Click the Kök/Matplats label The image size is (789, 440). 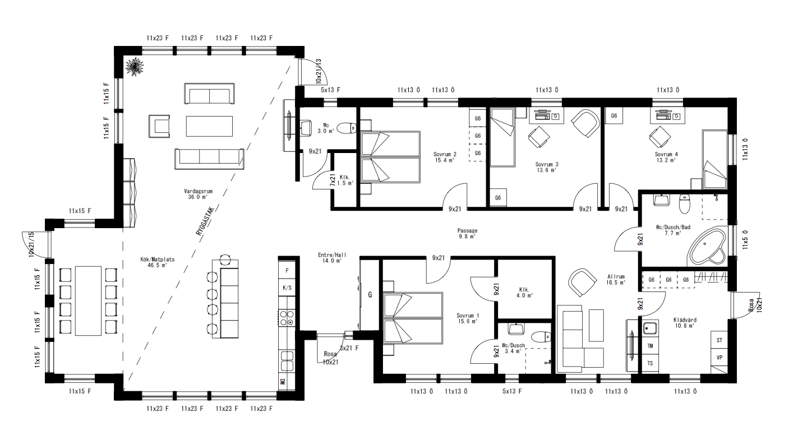click(154, 262)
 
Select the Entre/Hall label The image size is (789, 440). click(331, 258)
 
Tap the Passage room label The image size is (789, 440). click(467, 233)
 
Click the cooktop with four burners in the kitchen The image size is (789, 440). click(287, 318)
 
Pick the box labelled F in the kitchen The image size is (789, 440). click(287, 271)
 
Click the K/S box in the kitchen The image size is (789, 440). click(287, 288)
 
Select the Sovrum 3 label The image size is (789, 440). click(546, 167)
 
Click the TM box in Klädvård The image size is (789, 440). click(650, 346)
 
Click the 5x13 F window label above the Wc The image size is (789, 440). click(330, 90)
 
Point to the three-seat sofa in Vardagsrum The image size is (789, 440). click(209, 159)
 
